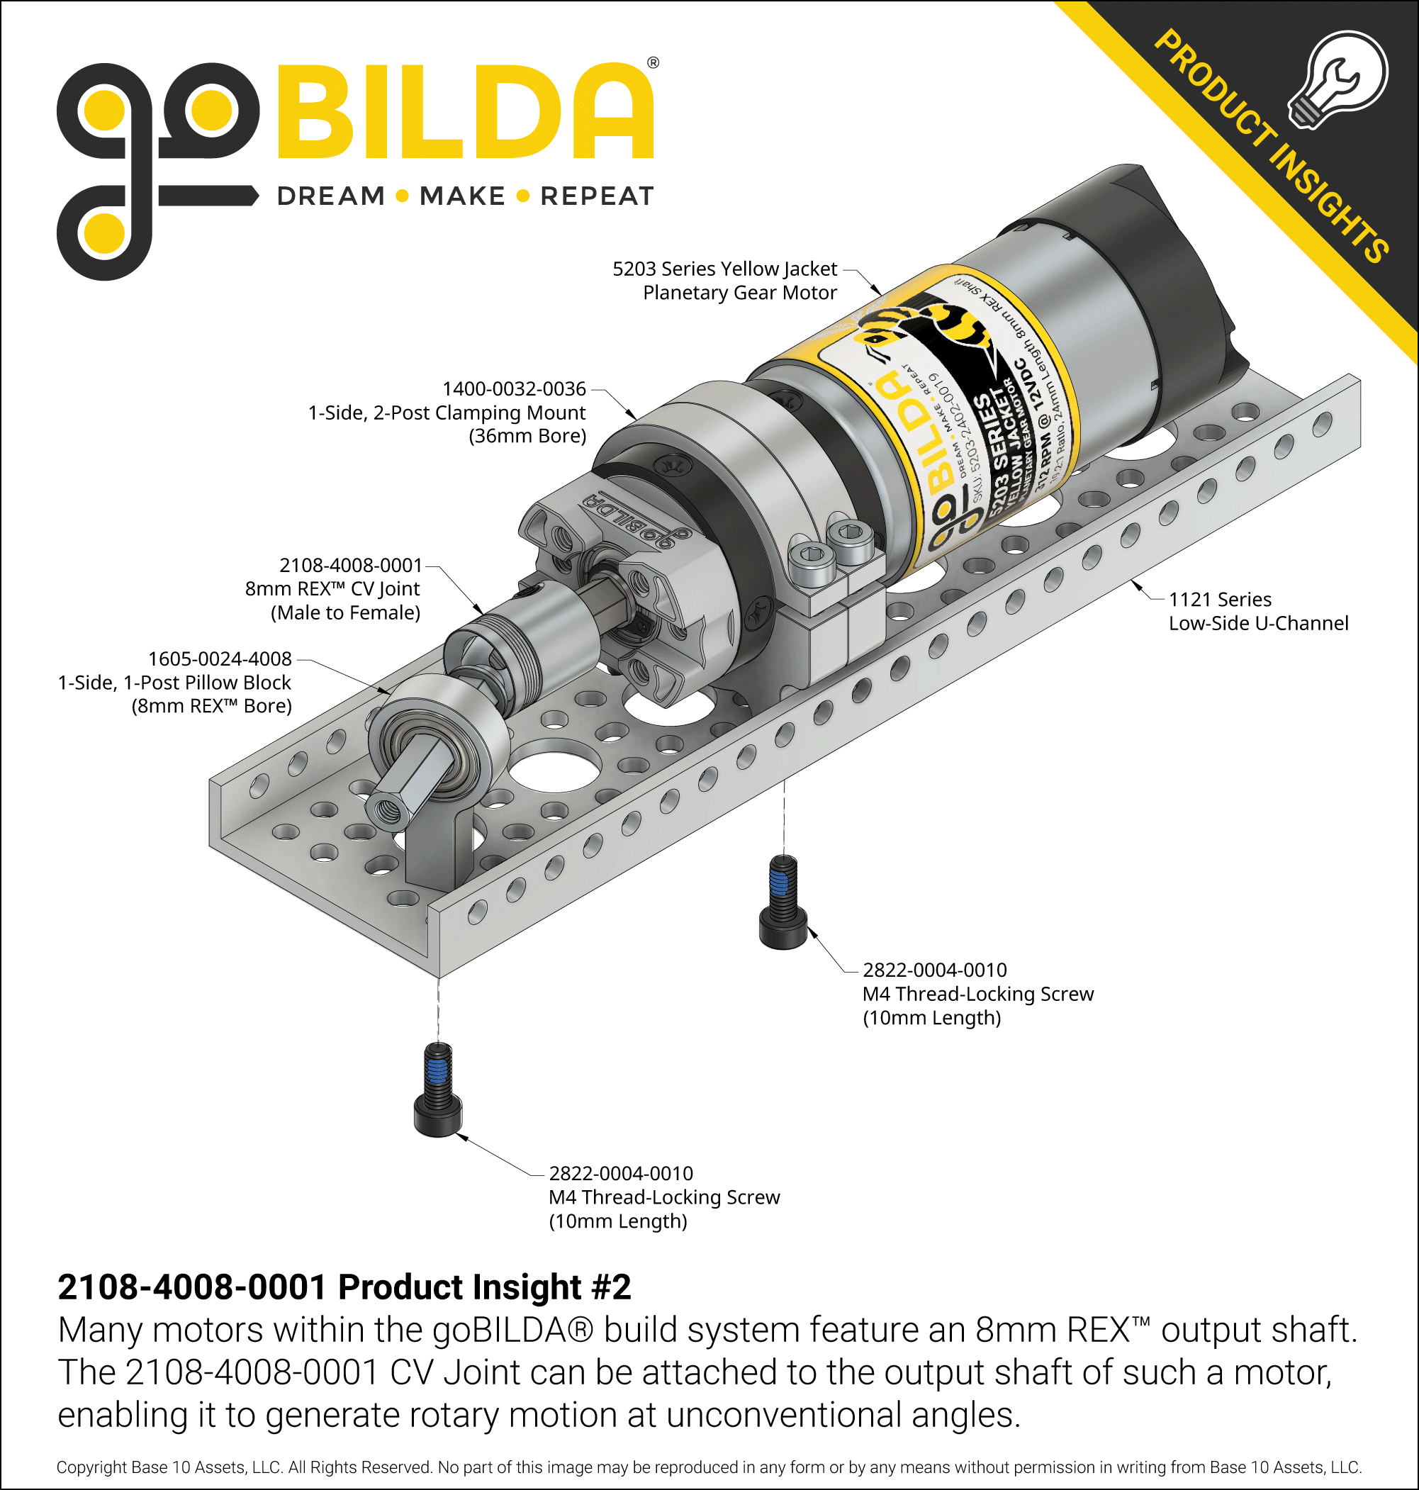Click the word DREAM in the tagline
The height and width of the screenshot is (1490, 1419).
coord(330,196)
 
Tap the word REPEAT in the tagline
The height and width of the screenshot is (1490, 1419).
coord(597,196)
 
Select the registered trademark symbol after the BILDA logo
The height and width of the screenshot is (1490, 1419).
coord(653,63)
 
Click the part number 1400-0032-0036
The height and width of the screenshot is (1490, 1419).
coord(514,388)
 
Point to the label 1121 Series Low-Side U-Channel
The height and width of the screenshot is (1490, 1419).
coord(1257,611)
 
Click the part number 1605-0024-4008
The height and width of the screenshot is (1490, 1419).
coord(219,659)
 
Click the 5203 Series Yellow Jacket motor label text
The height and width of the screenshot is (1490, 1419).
coord(724,280)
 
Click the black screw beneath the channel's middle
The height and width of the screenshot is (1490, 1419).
coord(783,904)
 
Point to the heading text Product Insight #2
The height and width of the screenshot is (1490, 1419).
coord(484,1287)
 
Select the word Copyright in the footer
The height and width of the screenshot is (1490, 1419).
coord(91,1467)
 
